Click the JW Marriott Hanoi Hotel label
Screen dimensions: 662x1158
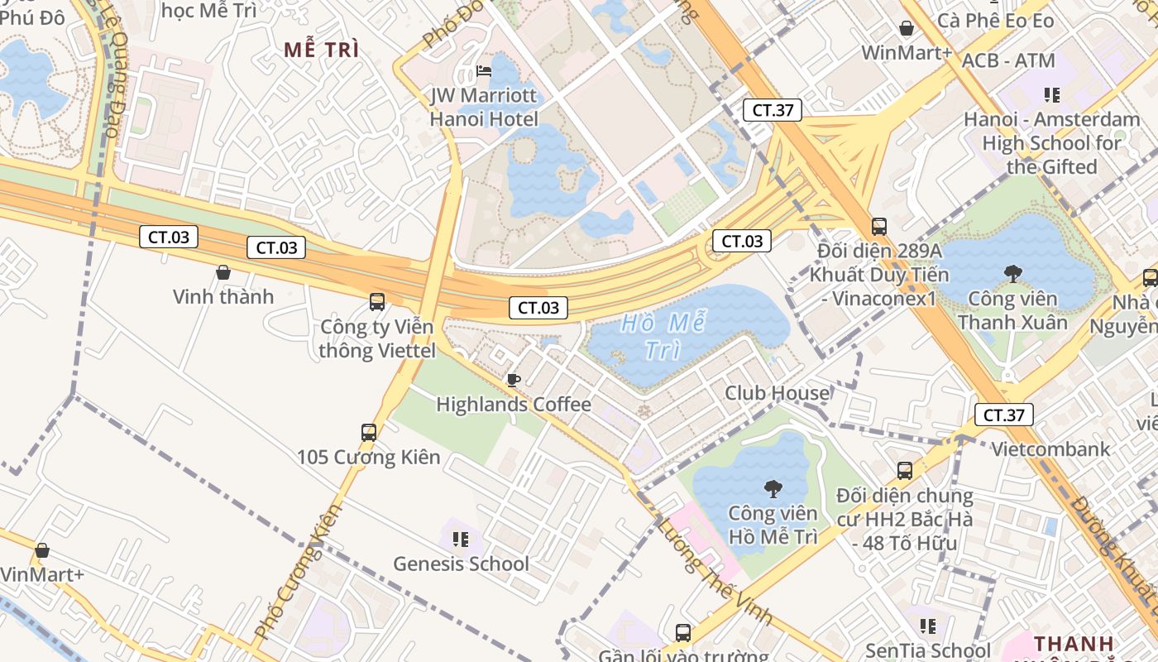[x=484, y=107]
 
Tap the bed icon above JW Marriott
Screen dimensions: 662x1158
[x=484, y=71]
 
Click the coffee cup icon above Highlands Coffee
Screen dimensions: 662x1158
[x=513, y=380]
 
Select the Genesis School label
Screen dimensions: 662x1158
[x=461, y=564]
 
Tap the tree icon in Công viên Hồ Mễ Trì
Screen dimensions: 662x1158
[x=773, y=488]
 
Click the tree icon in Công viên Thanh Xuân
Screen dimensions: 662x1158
[x=1012, y=273]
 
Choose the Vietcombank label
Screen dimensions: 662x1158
[x=1050, y=449]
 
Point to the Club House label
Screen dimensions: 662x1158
[x=776, y=393]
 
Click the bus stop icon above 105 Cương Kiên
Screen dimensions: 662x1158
[x=369, y=432]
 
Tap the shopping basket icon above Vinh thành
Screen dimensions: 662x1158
[x=223, y=271]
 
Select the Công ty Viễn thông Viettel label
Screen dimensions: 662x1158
[x=377, y=338]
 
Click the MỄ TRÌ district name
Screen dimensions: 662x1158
[x=322, y=50]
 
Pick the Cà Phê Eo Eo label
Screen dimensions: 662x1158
[x=996, y=21]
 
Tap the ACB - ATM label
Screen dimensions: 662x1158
[x=1008, y=60]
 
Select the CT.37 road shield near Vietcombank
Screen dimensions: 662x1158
[x=1003, y=415]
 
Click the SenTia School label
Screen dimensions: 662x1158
[x=928, y=650]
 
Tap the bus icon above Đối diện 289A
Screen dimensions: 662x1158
[x=878, y=226]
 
